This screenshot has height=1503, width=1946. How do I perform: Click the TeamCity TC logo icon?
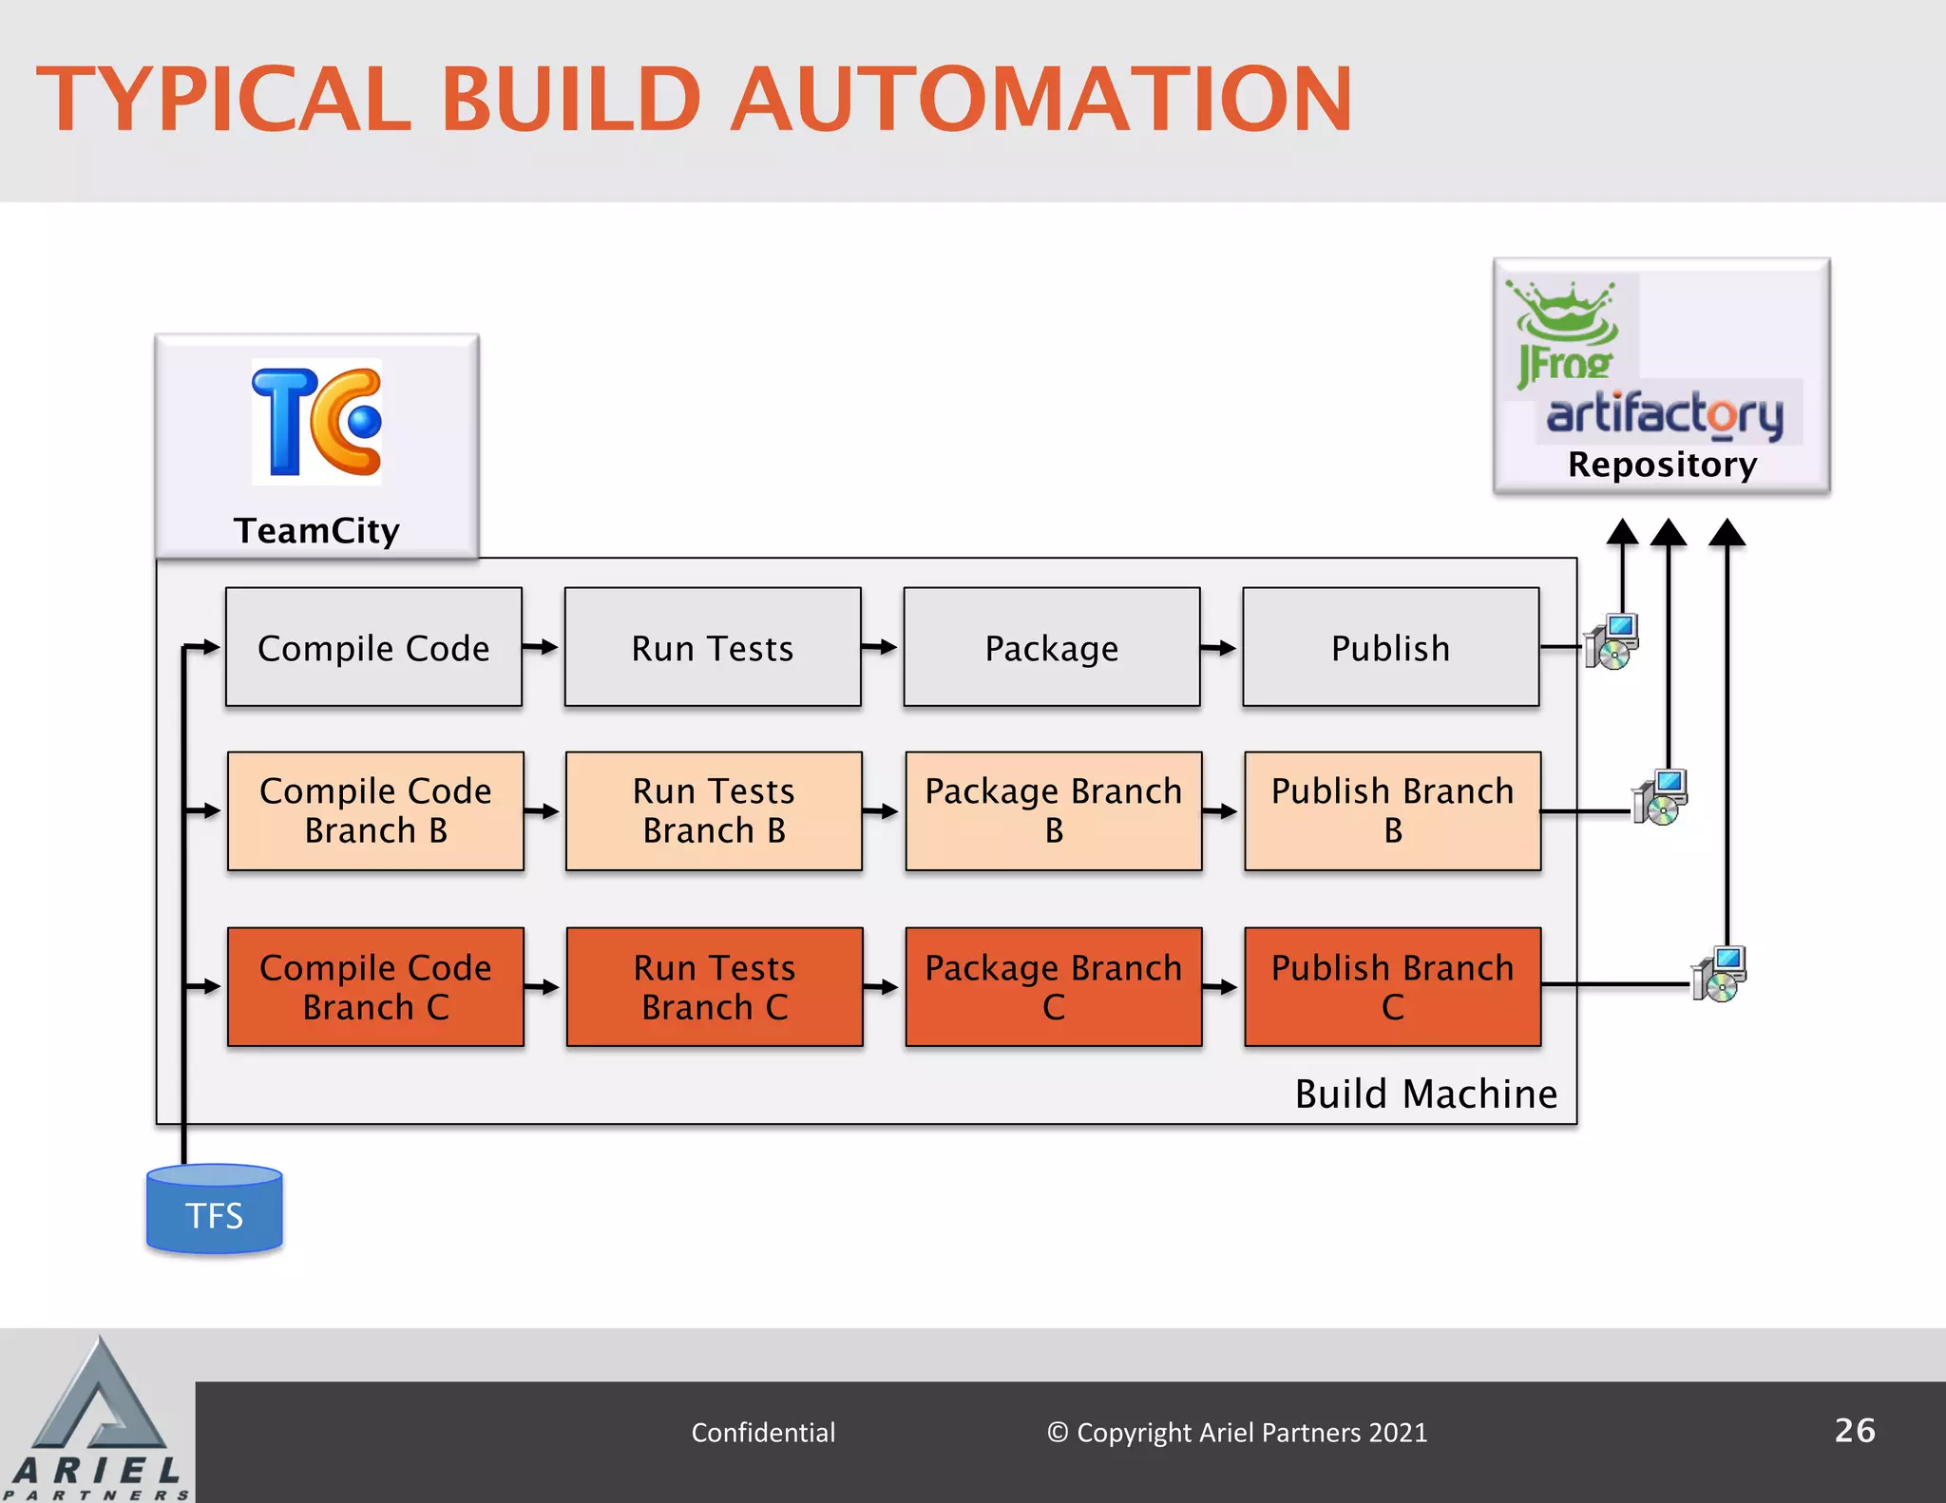pos(316,422)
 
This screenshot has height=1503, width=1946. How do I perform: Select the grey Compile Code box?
pos(373,647)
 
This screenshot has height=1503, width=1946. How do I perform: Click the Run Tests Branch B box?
pos(714,810)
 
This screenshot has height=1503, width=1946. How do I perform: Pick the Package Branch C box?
pos(1053,986)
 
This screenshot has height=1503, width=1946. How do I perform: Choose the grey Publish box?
pos(1390,647)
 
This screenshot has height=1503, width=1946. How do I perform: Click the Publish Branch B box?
pos(1392,810)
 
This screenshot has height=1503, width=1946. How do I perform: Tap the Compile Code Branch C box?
pos(375,986)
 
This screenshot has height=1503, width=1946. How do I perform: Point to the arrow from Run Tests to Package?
pos(880,647)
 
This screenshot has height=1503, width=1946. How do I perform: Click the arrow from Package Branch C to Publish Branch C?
pos(1221,987)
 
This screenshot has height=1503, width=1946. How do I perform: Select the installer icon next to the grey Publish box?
pos(1612,642)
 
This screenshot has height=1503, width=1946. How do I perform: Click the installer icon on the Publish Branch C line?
pos(1719,975)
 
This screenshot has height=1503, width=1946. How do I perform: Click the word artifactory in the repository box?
pos(1665,414)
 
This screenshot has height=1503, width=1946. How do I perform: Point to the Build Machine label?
pos(1425,1094)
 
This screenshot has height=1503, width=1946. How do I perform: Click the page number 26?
pos(1854,1430)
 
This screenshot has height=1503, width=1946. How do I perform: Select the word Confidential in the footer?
pos(763,1432)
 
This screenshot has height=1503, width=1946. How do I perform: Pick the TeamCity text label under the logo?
pos(316,530)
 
